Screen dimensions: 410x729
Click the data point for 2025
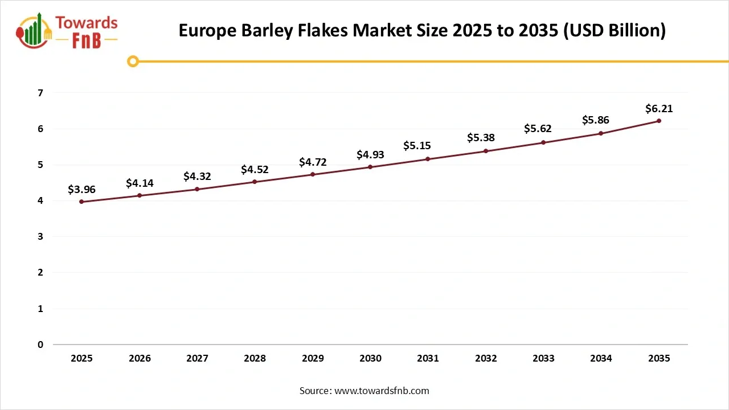[82, 202]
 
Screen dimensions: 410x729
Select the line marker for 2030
[370, 167]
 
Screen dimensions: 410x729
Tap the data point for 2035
[659, 121]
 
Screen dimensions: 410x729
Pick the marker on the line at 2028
[255, 182]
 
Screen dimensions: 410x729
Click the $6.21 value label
[659, 108]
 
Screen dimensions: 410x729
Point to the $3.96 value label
[82, 189]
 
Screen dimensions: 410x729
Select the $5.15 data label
[428, 146]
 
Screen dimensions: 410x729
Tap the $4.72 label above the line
[313, 162]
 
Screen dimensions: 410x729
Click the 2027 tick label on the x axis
[197, 358]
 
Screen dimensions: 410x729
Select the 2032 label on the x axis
[486, 358]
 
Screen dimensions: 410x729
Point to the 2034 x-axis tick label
[601, 358]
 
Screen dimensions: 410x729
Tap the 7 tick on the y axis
[40, 92]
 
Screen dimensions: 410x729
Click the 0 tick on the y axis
[40, 345]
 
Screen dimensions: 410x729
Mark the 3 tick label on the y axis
[40, 236]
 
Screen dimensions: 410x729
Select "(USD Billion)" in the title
[614, 31]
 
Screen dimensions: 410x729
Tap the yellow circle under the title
[133, 61]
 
